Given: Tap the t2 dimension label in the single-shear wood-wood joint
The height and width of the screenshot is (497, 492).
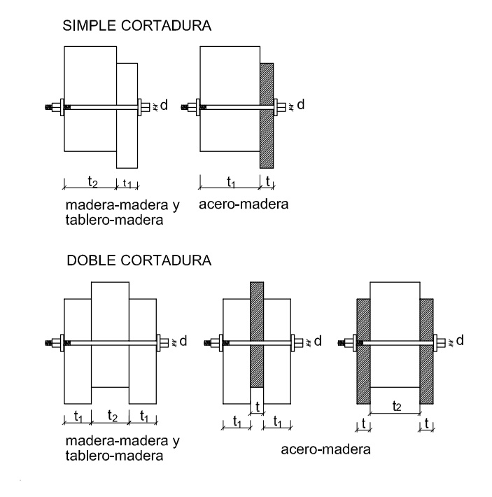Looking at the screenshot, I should (x=92, y=181).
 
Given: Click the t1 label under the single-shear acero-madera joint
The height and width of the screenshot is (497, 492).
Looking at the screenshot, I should (x=230, y=181).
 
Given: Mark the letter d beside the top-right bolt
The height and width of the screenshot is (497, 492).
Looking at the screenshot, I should (x=301, y=105).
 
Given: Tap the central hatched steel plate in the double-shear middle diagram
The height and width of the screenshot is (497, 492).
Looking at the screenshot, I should (x=257, y=329).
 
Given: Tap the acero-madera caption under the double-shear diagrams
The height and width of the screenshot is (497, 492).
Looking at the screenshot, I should (x=325, y=449).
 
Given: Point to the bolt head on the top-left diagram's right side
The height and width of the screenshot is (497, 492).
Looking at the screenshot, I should (x=143, y=107).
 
